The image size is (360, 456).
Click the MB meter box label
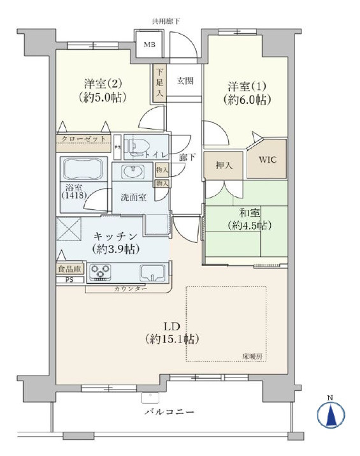pos(150,45)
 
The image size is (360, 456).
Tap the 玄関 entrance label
pos(185,81)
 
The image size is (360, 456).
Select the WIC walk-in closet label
pos(268,159)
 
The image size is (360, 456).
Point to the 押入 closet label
pos(224,165)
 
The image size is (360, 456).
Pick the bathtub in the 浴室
pos(83,169)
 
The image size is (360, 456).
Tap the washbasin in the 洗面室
pos(133,171)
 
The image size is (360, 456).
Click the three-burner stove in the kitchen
pos(100,272)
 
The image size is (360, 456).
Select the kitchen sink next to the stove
pos(152,273)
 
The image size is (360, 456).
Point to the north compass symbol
pos(331,414)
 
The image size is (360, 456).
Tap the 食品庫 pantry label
pos(69,269)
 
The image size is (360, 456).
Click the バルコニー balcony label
pos(169,412)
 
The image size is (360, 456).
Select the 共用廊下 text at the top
pos(166,21)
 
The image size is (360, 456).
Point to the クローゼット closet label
pos(83,139)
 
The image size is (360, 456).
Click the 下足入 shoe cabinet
pos(160,83)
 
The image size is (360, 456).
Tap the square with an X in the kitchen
pos(69,229)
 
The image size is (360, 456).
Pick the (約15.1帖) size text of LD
pos(172,339)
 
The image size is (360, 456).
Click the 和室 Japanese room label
pos(250,213)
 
